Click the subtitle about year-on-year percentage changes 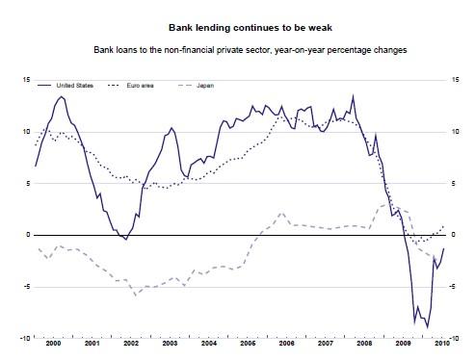coord(236,48)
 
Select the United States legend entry coord(72,86)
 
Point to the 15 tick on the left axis coord(26,80)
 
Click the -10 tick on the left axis coord(25,338)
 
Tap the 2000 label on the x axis coord(55,343)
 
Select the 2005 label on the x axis coord(248,343)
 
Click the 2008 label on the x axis coord(364,343)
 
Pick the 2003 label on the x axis coord(171,343)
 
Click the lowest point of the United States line coord(427,328)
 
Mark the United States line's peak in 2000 coord(62,96)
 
